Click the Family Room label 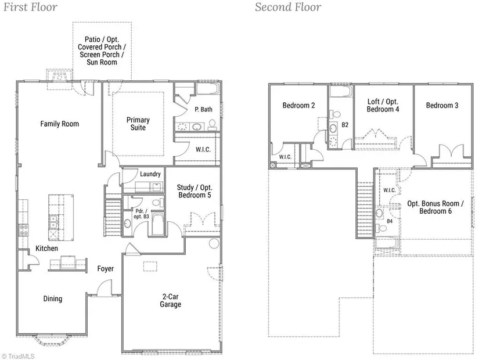(x=60, y=124)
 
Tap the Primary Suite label (x=138, y=124)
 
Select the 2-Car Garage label (x=171, y=300)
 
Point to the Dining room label (x=52, y=298)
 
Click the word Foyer (x=106, y=269)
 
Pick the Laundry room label (x=150, y=174)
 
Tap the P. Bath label (x=203, y=109)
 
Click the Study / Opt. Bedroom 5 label (x=195, y=191)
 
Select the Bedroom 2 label (x=298, y=106)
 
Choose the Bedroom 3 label (x=442, y=106)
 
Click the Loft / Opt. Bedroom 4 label (x=383, y=105)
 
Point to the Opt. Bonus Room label (x=435, y=204)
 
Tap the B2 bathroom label (x=345, y=125)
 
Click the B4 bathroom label (x=390, y=221)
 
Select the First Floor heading (x=30, y=7)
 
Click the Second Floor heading (x=288, y=7)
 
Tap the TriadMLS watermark (x=18, y=357)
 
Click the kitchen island (x=61, y=217)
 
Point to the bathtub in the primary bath (x=208, y=89)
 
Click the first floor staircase (x=113, y=217)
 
